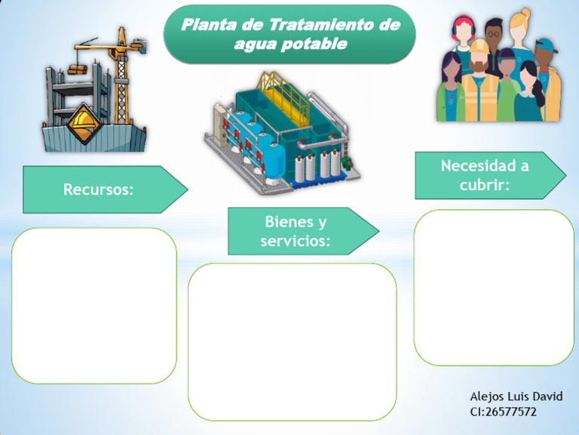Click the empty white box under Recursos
93,305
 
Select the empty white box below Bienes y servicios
292,341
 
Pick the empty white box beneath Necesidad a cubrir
494,287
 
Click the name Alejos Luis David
516,396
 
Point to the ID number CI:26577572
503,412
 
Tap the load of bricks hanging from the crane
78,69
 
